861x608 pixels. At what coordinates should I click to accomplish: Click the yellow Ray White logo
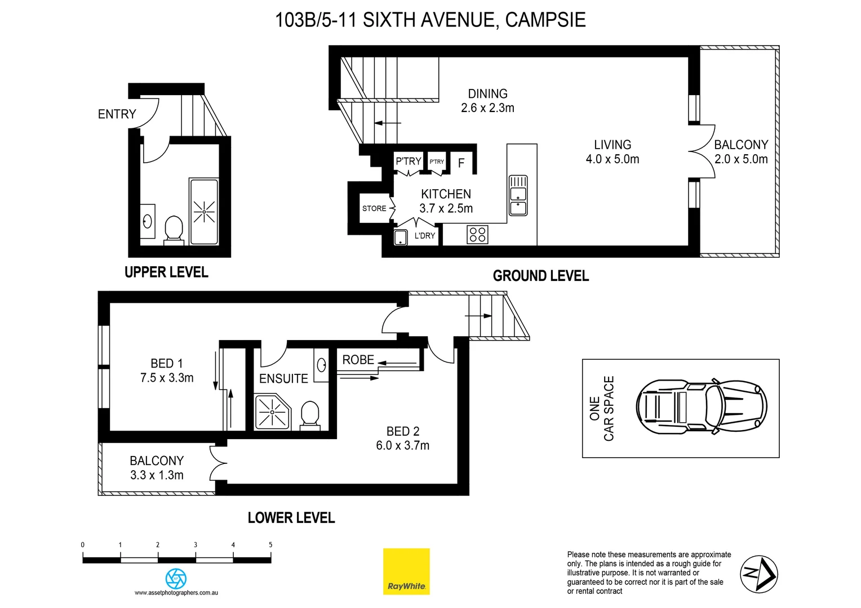[x=406, y=571]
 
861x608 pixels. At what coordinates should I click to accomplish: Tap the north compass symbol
[x=758, y=574]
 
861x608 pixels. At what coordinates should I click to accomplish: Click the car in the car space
[x=702, y=406]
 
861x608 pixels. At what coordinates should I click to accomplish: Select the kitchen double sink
[x=518, y=195]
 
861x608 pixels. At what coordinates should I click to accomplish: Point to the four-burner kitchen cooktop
[x=477, y=234]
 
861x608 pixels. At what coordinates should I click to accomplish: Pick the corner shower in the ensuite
[x=272, y=413]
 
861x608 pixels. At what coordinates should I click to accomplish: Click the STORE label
[x=374, y=208]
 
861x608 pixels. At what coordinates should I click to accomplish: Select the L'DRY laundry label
[x=425, y=236]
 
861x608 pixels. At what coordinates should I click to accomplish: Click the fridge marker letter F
[x=461, y=163]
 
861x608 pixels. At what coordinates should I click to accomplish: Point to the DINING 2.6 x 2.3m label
[x=487, y=101]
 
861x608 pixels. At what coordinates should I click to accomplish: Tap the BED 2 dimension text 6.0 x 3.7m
[x=402, y=445]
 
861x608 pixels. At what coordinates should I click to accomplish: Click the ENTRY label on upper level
[x=117, y=114]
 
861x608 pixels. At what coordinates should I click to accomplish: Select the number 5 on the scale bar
[x=270, y=544]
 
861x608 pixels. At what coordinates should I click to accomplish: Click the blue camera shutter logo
[x=176, y=578]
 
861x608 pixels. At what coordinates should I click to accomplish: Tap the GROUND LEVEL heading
[x=540, y=276]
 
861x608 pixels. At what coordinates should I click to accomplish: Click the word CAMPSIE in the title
[x=545, y=20]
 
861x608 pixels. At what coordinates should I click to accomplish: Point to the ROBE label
[x=358, y=360]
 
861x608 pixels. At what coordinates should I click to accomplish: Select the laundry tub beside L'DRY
[x=401, y=237]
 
